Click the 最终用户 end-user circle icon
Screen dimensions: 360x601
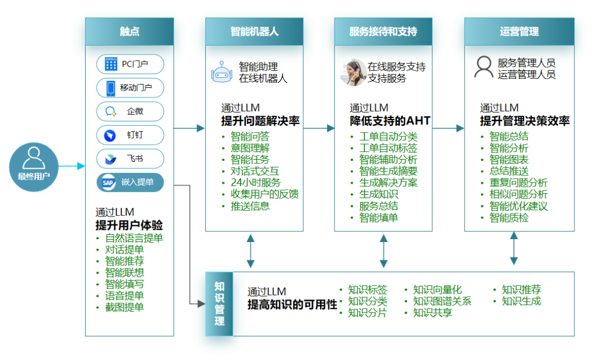pyautogui.click(x=33, y=166)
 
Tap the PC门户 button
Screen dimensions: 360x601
pyautogui.click(x=130, y=64)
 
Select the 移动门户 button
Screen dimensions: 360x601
pyautogui.click(x=130, y=88)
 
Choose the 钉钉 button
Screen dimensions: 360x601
pyautogui.click(x=130, y=135)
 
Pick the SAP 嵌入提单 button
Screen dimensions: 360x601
pyautogui.click(x=130, y=183)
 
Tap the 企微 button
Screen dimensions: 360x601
pyautogui.click(x=130, y=111)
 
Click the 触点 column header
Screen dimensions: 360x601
pyautogui.click(x=129, y=31)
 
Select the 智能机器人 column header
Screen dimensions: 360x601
pyautogui.click(x=254, y=31)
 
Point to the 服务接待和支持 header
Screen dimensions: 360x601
pyautogui.click(x=383, y=31)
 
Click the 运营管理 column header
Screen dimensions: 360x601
pyautogui.click(x=519, y=31)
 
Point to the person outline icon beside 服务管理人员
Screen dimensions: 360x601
pyautogui.click(x=483, y=67)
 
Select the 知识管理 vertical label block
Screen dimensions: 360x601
pyautogui.click(x=219, y=304)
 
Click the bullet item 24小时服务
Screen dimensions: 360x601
pyautogui.click(x=255, y=183)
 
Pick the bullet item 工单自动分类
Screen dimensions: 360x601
pyautogui.click(x=388, y=136)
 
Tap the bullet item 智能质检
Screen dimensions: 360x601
pyautogui.click(x=509, y=218)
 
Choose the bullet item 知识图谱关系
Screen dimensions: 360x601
pyautogui.click(x=442, y=301)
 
